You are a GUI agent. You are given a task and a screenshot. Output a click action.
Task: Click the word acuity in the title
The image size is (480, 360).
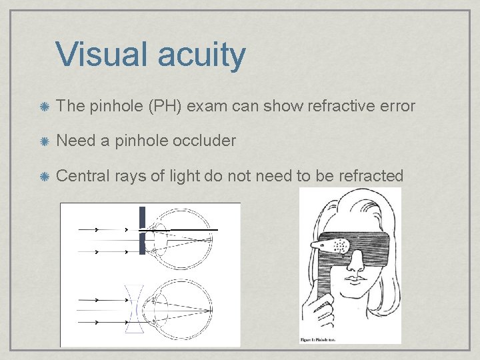(201, 56)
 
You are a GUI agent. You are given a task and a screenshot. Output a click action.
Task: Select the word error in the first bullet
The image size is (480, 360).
(396, 106)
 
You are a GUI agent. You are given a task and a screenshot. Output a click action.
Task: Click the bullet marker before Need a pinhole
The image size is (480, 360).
(44, 141)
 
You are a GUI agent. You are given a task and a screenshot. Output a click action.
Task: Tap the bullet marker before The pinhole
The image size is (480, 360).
(44, 106)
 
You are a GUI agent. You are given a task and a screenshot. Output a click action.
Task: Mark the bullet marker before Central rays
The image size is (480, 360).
(44, 176)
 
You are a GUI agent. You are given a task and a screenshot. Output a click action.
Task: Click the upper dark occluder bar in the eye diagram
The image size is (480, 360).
(142, 217)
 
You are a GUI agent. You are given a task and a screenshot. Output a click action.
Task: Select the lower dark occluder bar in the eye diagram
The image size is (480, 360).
(142, 244)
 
